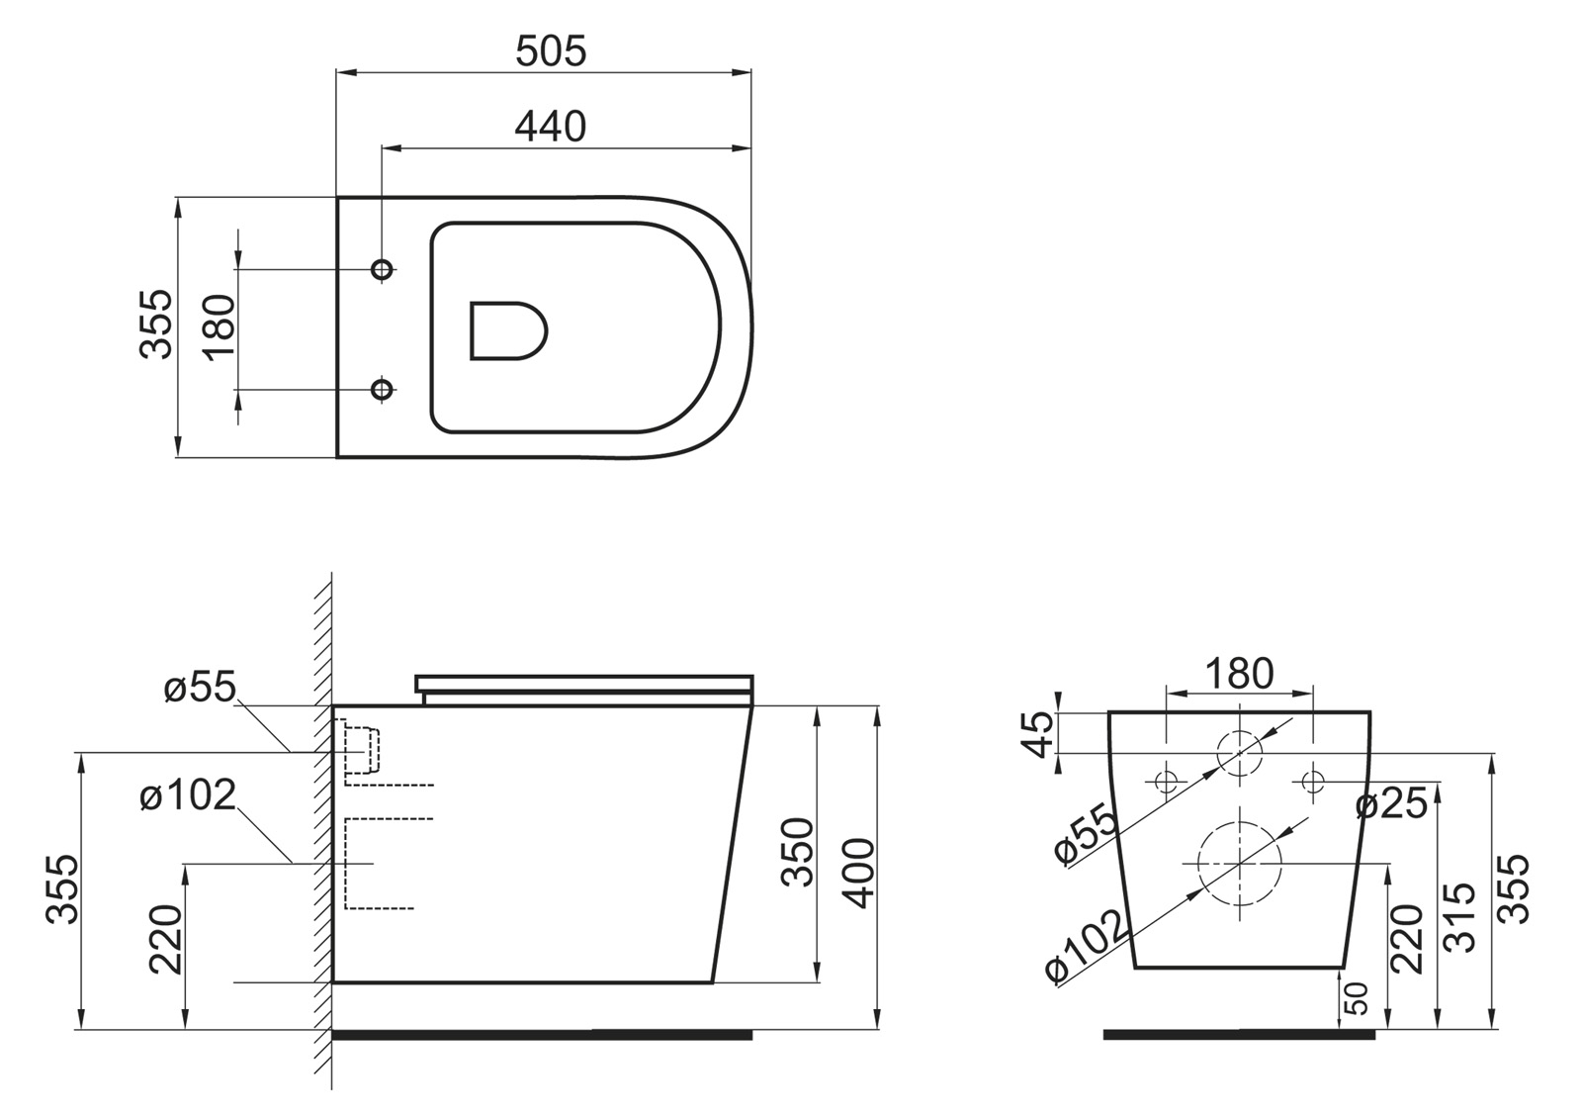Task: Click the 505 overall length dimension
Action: (x=551, y=51)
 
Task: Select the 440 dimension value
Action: (x=550, y=128)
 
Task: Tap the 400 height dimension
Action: (x=859, y=873)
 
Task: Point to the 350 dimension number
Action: (x=797, y=852)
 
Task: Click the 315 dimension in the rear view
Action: (x=1459, y=916)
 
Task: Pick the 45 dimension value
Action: (x=1038, y=734)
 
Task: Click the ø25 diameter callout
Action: (x=1392, y=804)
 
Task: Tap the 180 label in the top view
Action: (x=220, y=327)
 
